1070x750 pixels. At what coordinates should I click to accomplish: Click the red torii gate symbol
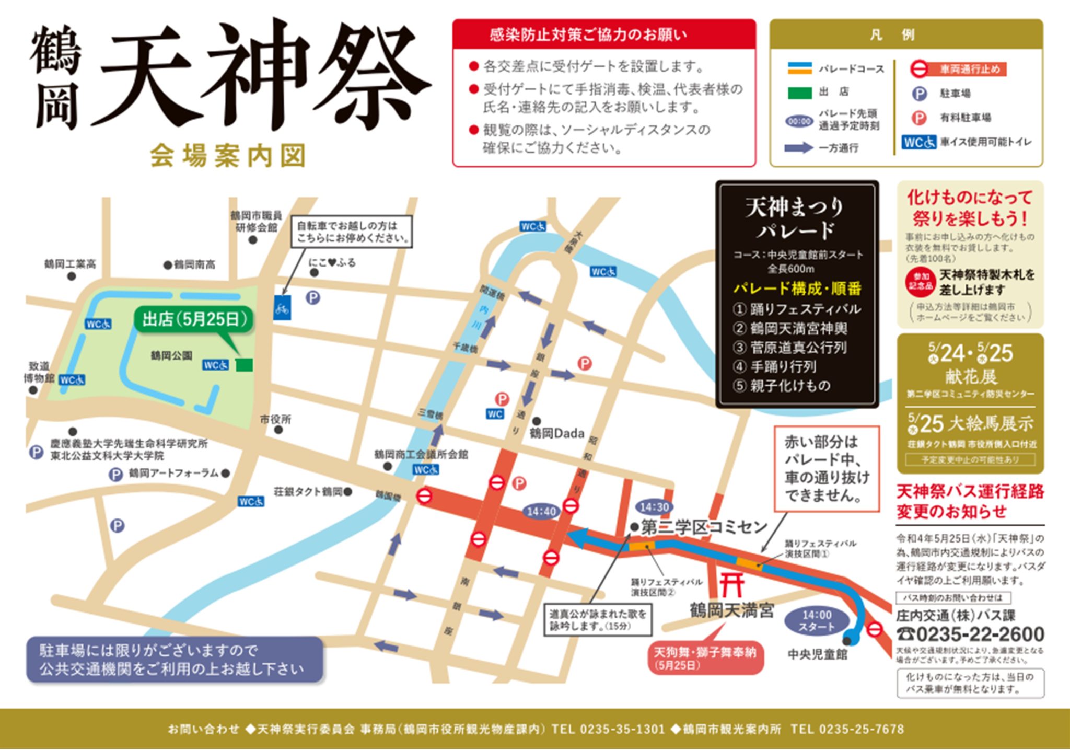(732, 585)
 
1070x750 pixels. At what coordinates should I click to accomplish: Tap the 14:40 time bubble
(541, 511)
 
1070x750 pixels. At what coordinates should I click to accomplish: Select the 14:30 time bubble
(654, 507)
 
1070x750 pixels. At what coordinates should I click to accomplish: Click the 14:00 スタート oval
(817, 620)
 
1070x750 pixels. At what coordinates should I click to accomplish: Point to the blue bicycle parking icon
(282, 308)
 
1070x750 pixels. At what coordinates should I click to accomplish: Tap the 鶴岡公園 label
(171, 356)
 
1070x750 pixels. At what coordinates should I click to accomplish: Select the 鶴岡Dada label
(556, 433)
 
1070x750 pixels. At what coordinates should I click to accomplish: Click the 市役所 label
(275, 419)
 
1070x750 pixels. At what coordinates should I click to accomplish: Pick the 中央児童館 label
(818, 654)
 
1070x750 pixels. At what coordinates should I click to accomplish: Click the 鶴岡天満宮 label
(731, 610)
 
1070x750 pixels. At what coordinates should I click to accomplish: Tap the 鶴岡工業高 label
(70, 264)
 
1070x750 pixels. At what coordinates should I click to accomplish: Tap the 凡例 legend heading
(907, 35)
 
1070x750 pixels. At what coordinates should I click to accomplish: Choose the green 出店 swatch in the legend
(799, 93)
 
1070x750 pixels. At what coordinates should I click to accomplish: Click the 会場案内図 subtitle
(228, 156)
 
